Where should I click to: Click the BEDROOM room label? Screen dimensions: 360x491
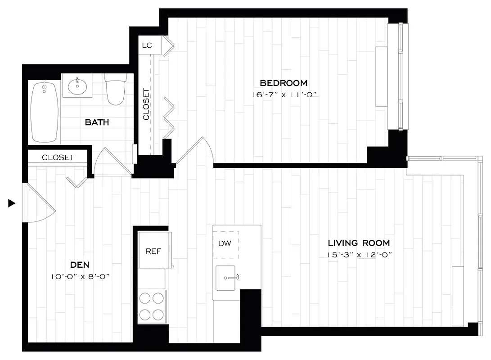tap(284, 83)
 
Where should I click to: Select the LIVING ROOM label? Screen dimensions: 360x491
tap(359, 243)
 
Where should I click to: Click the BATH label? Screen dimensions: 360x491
tap(97, 122)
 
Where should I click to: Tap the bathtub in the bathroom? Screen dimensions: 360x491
tap(44, 111)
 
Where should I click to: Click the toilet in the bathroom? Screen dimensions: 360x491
tap(115, 90)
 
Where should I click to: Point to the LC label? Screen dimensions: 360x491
tap(147, 45)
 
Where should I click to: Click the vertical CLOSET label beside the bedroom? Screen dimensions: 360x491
tap(146, 104)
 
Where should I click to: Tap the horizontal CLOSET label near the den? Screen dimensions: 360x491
tap(58, 157)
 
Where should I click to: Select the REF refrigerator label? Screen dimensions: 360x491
tap(153, 251)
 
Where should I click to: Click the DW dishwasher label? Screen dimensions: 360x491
tap(225, 243)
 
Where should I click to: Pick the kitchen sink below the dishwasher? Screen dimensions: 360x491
tap(228, 278)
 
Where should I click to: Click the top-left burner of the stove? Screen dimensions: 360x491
tap(145, 298)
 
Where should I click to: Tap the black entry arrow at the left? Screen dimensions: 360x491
tap(12, 203)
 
